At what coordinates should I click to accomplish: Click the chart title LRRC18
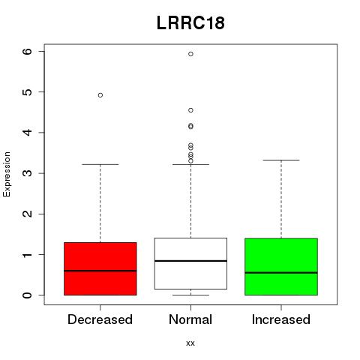(x=190, y=23)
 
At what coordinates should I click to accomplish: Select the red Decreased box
(x=100, y=268)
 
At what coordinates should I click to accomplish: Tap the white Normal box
(x=190, y=263)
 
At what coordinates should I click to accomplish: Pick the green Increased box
(x=281, y=267)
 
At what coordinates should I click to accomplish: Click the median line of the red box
(x=100, y=271)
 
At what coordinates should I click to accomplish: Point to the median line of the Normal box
(x=190, y=261)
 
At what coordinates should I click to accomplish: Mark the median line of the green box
(x=281, y=273)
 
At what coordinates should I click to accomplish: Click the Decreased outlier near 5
(x=100, y=95)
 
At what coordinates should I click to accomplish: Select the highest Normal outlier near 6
(x=190, y=54)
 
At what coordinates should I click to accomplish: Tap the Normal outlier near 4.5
(x=190, y=110)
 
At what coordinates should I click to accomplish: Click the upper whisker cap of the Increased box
(x=281, y=160)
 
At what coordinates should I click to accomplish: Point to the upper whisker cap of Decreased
(x=100, y=164)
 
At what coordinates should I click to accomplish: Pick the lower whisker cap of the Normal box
(x=190, y=295)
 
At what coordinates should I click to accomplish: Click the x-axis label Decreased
(x=100, y=319)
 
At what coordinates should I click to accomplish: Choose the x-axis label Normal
(x=190, y=319)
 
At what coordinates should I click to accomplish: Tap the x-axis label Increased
(x=281, y=319)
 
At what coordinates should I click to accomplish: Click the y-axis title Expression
(x=7, y=175)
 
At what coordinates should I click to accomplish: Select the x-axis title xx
(x=190, y=343)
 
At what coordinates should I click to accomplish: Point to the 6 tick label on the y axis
(x=27, y=51)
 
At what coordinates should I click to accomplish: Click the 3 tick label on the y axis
(x=27, y=173)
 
